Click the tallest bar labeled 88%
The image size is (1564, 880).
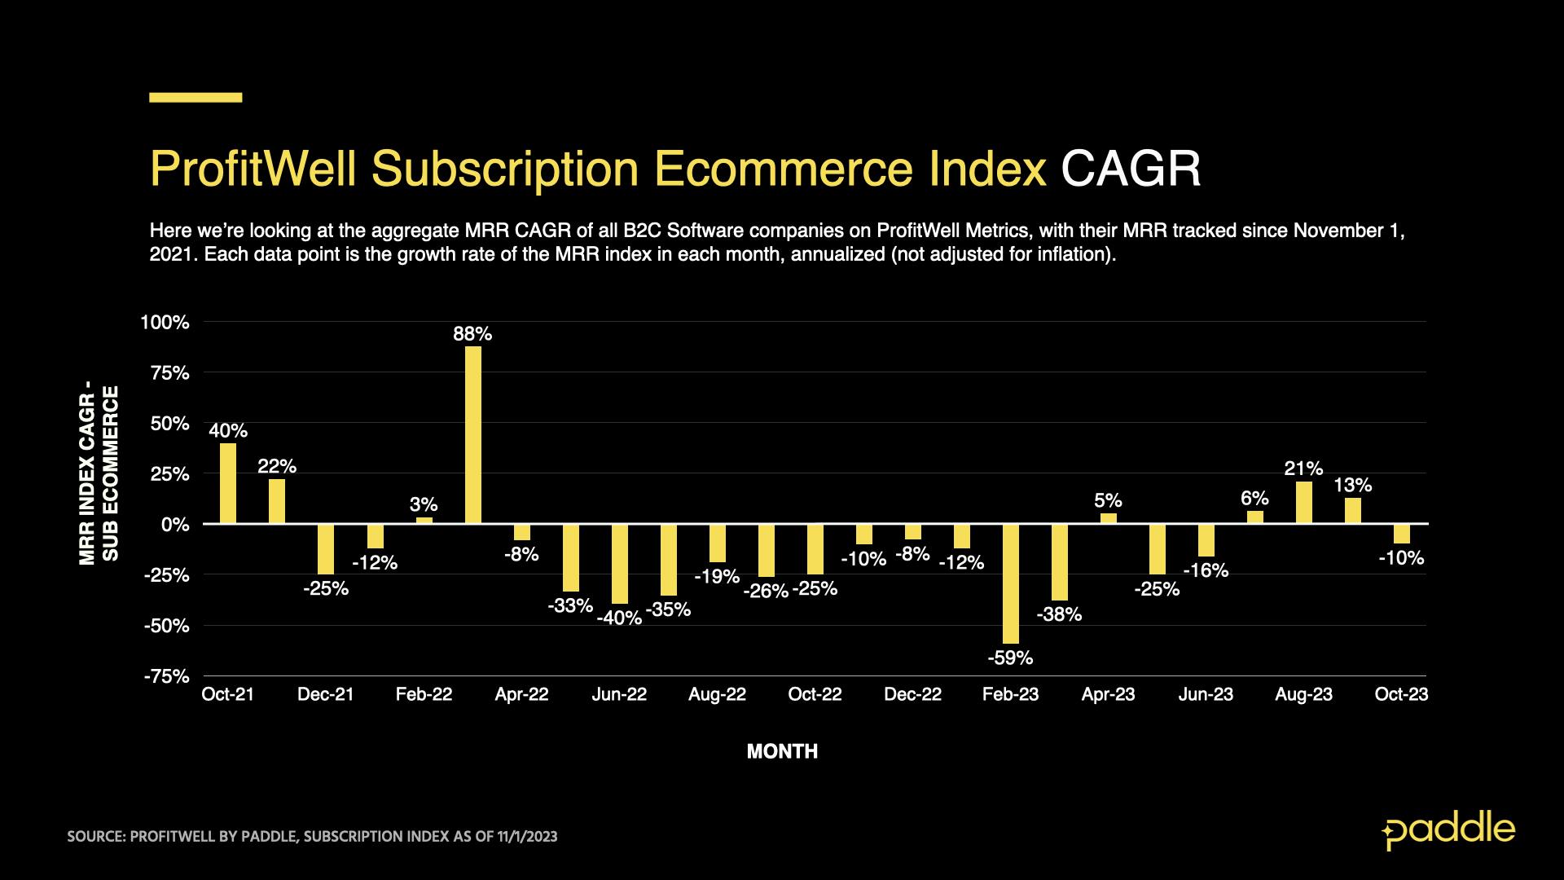click(472, 434)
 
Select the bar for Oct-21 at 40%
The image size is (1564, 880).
click(228, 482)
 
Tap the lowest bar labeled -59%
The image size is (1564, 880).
click(1010, 583)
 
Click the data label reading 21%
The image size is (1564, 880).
click(1303, 469)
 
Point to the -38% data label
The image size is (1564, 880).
click(1059, 615)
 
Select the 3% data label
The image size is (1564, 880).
click(424, 504)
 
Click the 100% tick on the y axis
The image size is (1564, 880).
click(165, 323)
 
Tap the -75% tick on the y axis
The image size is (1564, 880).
click(167, 676)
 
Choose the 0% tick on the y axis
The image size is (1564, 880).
click(174, 525)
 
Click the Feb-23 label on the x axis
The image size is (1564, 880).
click(1010, 694)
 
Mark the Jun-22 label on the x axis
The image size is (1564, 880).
click(619, 694)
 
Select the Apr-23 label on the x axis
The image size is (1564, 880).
click(1108, 694)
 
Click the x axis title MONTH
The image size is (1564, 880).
click(782, 751)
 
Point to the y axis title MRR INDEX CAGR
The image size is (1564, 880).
click(88, 475)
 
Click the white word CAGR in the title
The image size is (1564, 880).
click(1131, 169)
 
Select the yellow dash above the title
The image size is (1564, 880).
click(195, 98)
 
